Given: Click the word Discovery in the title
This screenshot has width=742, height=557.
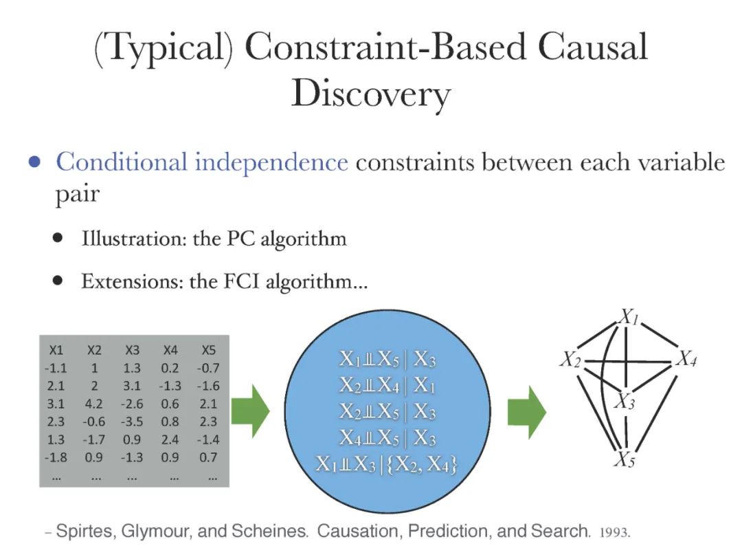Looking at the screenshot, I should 370,94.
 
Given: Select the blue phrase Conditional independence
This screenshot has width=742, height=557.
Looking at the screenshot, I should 201,162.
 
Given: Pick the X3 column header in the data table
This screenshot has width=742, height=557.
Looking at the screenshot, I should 133,350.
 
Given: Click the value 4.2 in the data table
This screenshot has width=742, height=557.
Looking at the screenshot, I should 94,404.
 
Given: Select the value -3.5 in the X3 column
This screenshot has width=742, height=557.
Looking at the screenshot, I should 133,422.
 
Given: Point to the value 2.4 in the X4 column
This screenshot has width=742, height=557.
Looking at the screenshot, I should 171,439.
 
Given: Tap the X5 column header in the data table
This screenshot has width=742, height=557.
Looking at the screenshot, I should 209,350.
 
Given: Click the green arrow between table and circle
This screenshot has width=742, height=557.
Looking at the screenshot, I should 250,412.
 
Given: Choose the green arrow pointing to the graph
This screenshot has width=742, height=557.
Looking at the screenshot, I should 526,412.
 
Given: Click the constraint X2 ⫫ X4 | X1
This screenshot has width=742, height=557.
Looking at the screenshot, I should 387,385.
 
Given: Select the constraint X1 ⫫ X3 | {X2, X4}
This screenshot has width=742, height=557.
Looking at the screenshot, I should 387,465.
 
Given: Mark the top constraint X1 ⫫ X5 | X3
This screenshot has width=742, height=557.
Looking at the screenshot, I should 387,358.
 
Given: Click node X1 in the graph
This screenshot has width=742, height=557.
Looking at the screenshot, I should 629,316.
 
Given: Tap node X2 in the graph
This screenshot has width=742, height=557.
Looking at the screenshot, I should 570,359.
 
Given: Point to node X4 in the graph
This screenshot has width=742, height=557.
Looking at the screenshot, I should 686,358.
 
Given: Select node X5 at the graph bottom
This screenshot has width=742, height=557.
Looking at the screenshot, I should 624,459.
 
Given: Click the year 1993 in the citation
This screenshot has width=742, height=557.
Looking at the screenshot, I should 615,533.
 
